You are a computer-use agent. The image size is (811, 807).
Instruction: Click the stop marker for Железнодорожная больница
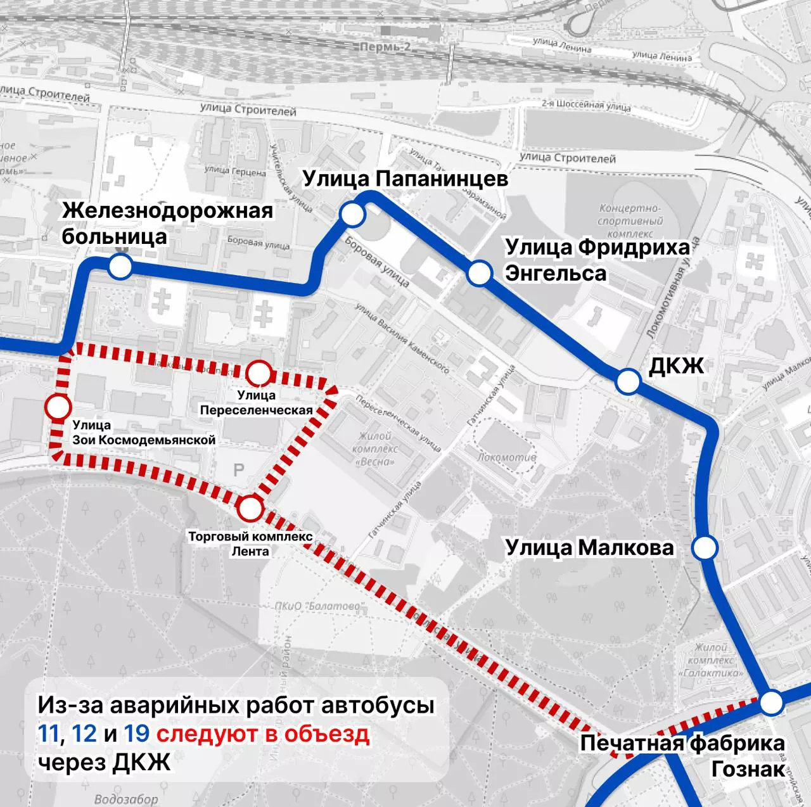[x=120, y=267]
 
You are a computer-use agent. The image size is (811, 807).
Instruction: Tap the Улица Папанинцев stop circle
[x=353, y=214]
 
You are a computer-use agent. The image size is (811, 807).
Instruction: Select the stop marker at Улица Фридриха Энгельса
[x=479, y=274]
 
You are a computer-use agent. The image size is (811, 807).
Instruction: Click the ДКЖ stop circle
[x=628, y=381]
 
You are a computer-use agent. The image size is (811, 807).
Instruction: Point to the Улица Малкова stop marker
[x=704, y=548]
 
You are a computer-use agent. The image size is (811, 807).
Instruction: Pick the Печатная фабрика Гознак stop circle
[x=772, y=703]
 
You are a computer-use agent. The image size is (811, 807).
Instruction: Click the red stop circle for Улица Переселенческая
[x=258, y=373]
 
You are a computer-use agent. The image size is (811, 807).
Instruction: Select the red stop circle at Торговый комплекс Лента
[x=250, y=507]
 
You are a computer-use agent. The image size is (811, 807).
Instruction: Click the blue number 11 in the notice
[x=49, y=734]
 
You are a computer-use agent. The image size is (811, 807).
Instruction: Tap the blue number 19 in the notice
[x=136, y=734]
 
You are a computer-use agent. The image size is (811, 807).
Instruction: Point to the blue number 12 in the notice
[x=84, y=734]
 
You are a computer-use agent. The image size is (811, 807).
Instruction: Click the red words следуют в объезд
[x=263, y=734]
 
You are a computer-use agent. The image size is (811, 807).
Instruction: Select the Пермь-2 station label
[x=385, y=48]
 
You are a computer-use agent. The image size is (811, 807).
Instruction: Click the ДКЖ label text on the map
[x=676, y=365]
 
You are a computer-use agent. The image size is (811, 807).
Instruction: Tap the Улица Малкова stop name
[x=589, y=547]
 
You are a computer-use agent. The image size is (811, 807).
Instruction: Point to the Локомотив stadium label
[x=506, y=457]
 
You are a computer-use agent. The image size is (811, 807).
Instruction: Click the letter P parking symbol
[x=239, y=470]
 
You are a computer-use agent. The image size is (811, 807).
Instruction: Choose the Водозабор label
[x=126, y=799]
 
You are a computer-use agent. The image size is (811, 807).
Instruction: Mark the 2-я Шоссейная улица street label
[x=585, y=105]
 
